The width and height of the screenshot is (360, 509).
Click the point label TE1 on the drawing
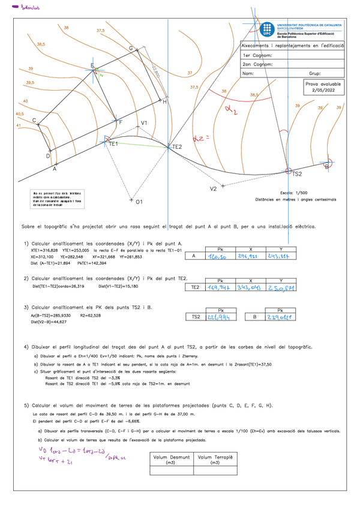(x=113, y=145)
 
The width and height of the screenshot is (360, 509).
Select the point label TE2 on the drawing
(x=176, y=147)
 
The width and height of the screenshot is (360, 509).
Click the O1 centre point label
(x=139, y=202)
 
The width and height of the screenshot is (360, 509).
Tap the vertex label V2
(x=213, y=189)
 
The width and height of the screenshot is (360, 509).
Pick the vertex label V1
(x=144, y=123)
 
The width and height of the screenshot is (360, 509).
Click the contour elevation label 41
(x=18, y=125)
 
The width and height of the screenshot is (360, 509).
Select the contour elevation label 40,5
(x=20, y=113)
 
